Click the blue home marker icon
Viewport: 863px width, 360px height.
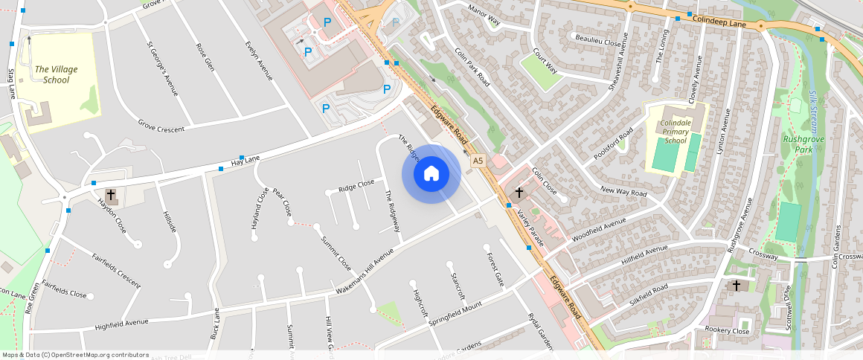(431, 174)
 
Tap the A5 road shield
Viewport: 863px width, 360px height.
(478, 160)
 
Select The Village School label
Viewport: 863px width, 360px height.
(56, 74)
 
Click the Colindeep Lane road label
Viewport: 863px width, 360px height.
(719, 23)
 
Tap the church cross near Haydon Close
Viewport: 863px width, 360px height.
(111, 196)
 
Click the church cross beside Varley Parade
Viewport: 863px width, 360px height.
(519, 192)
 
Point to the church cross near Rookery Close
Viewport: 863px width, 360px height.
(737, 285)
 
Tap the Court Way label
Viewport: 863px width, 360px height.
(545, 61)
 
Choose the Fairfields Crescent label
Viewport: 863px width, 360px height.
(116, 271)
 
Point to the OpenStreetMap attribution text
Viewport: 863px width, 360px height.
(74, 355)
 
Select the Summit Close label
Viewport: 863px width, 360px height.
(336, 253)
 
